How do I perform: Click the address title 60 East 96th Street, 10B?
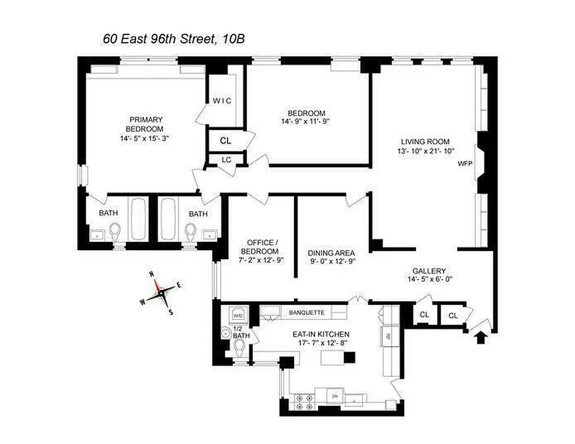tap(174, 39)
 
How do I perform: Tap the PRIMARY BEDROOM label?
tap(147, 124)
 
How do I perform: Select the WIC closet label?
tap(222, 100)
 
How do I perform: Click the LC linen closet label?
tap(226, 159)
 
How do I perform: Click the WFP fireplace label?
tap(464, 164)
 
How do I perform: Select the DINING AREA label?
tap(331, 253)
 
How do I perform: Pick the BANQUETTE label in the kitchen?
tap(306, 312)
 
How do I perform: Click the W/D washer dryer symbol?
tap(238, 315)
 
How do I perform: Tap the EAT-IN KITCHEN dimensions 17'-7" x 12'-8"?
tap(321, 343)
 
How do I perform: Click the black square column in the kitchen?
tap(349, 357)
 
